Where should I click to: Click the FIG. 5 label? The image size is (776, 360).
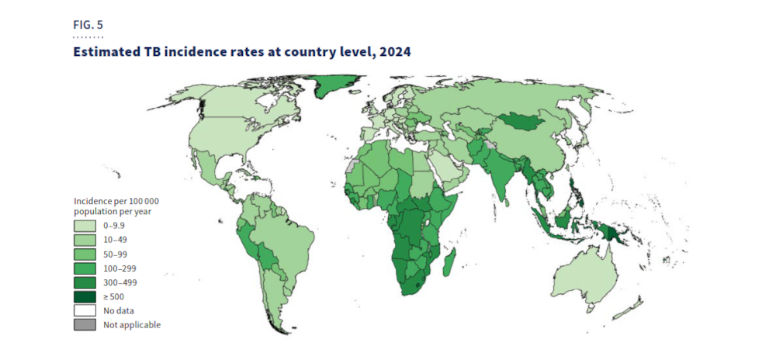[x=88, y=25]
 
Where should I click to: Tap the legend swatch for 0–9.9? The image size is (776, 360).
[x=85, y=226]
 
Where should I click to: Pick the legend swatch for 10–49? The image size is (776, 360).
[x=85, y=240]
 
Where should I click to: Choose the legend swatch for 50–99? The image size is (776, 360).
[x=85, y=254]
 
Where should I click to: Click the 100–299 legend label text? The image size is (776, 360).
[x=120, y=268]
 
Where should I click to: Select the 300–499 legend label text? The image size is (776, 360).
[x=120, y=282]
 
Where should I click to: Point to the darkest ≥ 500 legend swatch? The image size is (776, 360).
[x=85, y=296]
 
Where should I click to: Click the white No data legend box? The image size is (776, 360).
[x=85, y=311]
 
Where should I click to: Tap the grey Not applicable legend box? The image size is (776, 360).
[x=85, y=325]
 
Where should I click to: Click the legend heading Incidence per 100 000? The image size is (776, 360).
[x=116, y=201]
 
